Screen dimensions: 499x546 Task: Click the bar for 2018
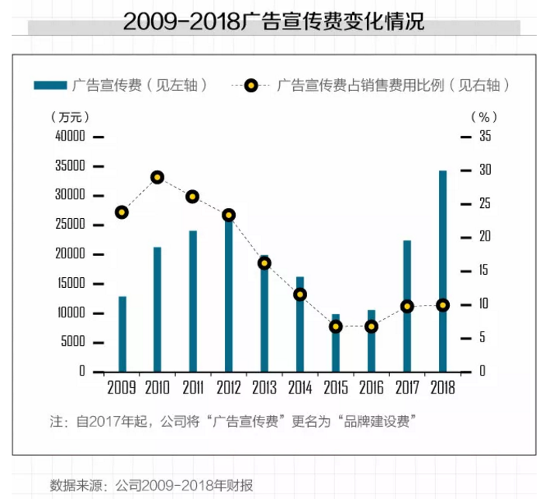click(443, 271)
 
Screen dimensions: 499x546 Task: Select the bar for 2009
click(123, 334)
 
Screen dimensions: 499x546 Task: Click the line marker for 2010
click(157, 178)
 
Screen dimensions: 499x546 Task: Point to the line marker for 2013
click(264, 263)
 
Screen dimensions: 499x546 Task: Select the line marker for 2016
click(371, 327)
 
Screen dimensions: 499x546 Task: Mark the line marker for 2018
click(443, 305)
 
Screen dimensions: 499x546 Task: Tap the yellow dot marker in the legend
click(251, 85)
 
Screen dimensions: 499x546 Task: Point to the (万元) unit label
click(70, 117)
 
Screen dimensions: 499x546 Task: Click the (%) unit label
click(485, 117)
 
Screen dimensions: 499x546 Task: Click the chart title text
click(273, 21)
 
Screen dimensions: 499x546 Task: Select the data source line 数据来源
click(152, 486)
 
